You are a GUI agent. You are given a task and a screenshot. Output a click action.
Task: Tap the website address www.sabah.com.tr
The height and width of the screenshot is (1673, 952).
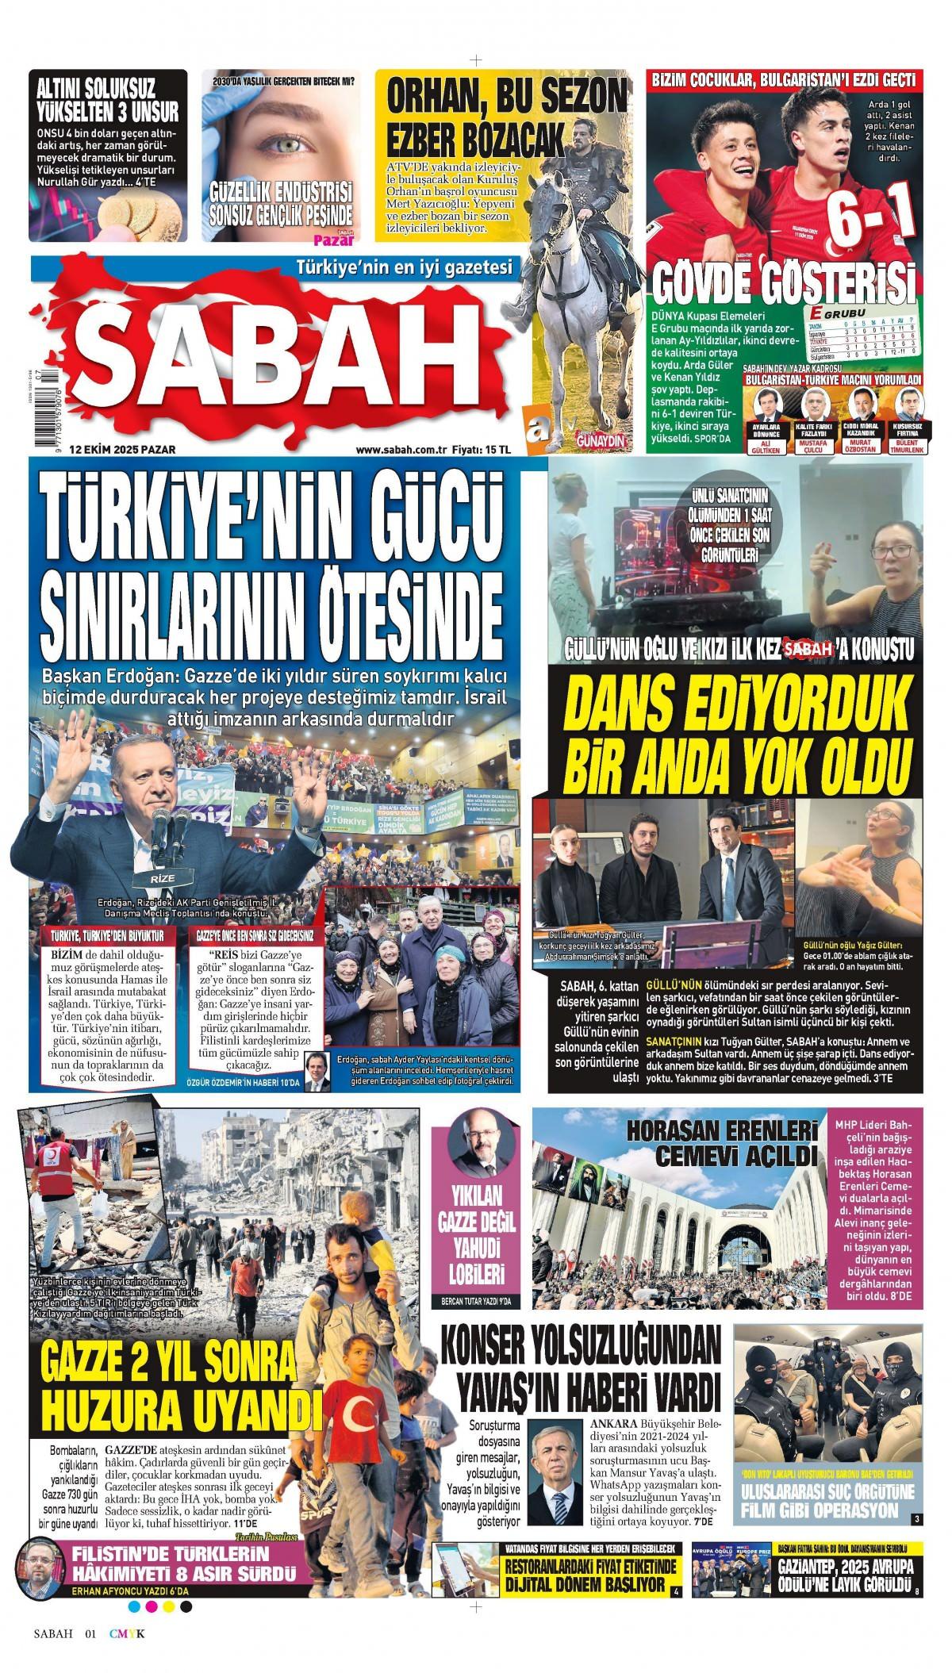click(402, 450)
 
